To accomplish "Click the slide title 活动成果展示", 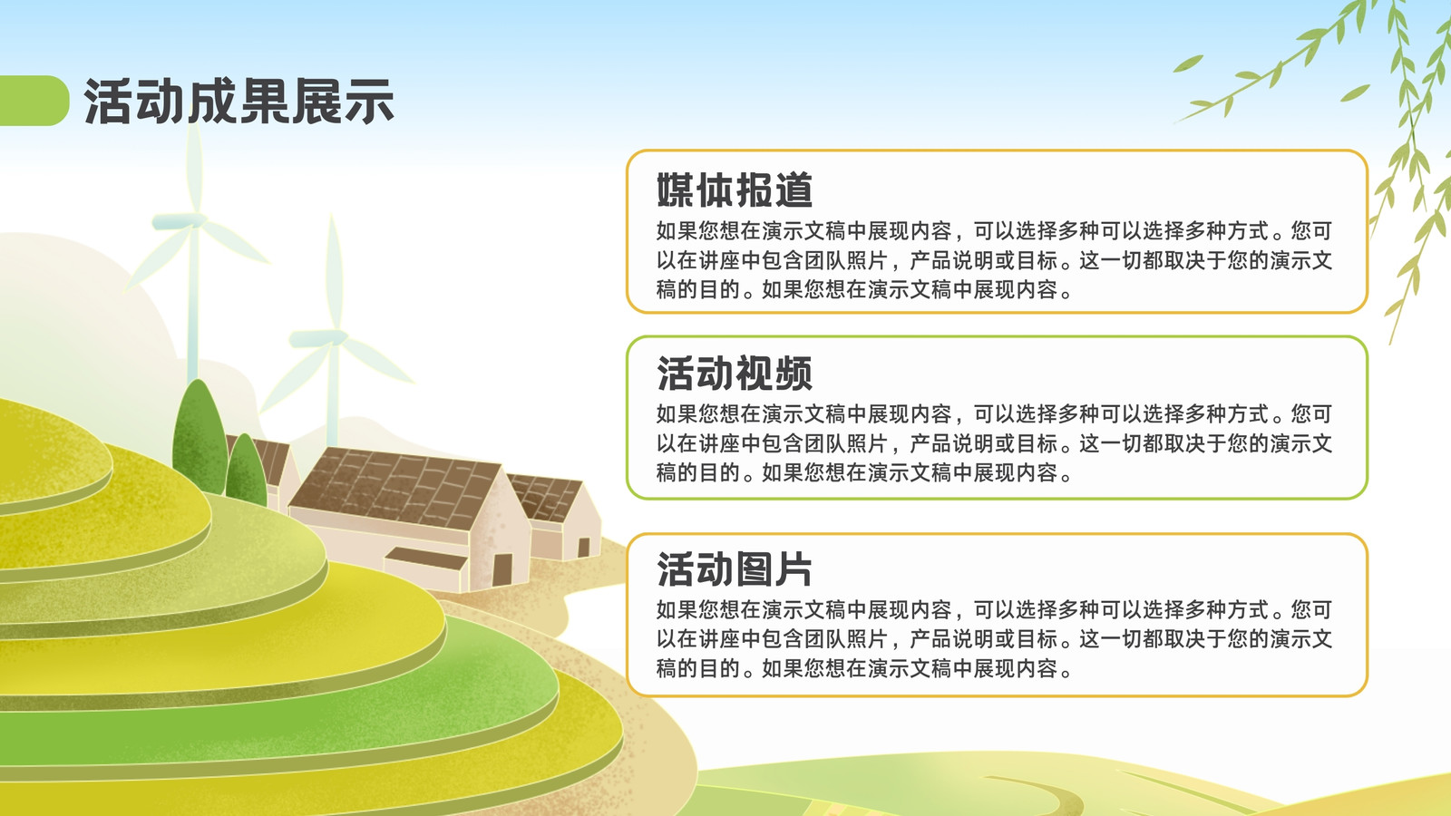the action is pos(239,101).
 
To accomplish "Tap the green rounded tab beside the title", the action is pos(34,101).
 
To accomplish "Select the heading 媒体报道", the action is pos(735,189).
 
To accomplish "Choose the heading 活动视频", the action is pos(735,374).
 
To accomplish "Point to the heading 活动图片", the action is pos(735,569).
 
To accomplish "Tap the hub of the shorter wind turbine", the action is pos(335,337).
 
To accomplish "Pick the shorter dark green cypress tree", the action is pos(246,469).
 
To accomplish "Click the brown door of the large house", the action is pos(502,570).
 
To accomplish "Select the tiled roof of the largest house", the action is pos(395,487).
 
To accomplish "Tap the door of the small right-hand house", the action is pos(584,548).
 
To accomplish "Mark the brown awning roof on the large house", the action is pos(426,559).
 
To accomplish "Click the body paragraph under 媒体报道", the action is pos(994,260).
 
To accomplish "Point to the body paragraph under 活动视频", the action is pos(994,443).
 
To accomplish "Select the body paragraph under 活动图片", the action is pos(994,639).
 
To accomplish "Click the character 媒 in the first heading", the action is pos(676,189).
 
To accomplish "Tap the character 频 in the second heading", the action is pos(794,374).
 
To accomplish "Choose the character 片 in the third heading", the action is pos(794,569).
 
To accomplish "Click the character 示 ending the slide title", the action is pos(369,101).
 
